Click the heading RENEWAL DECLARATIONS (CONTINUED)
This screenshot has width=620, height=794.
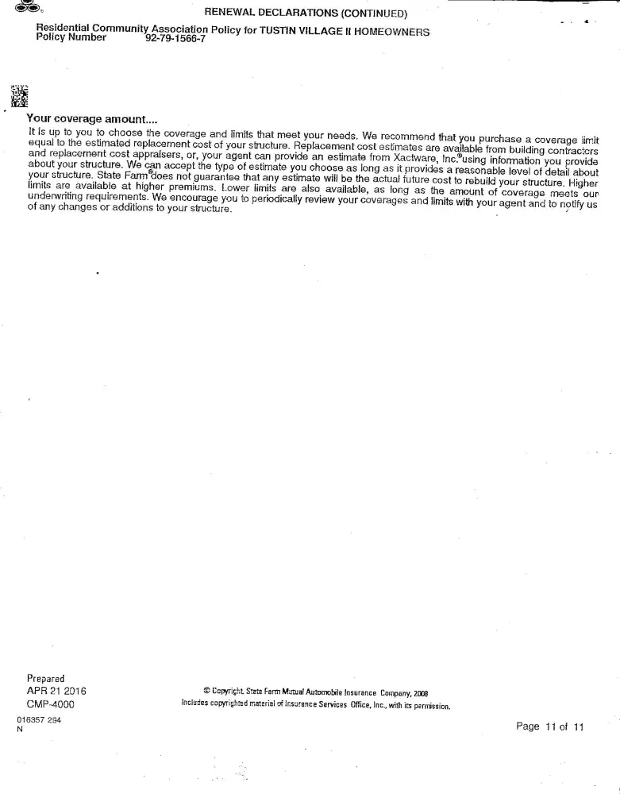pyautogui.click(x=306, y=13)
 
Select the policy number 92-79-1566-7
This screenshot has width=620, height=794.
pyautogui.click(x=175, y=38)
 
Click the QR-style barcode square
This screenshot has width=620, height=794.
pyautogui.click(x=19, y=95)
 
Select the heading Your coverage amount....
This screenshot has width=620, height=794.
pyautogui.click(x=92, y=118)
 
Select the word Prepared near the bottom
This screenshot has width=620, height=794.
pyautogui.click(x=45, y=678)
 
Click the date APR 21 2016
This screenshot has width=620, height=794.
pyautogui.click(x=56, y=691)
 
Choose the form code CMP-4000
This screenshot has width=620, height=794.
pyautogui.click(x=51, y=703)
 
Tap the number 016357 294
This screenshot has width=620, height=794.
pyautogui.click(x=39, y=720)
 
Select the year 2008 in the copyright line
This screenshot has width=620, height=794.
pyautogui.click(x=420, y=693)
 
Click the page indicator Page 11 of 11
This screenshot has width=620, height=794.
pyautogui.click(x=549, y=727)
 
